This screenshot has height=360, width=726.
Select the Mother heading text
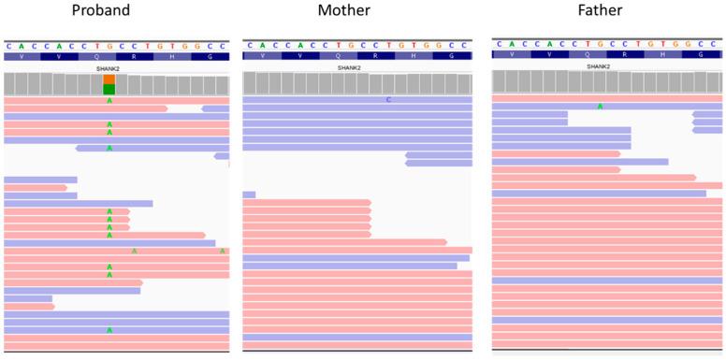pyautogui.click(x=357, y=12)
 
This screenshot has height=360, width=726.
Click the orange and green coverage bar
pyautogui.click(x=109, y=84)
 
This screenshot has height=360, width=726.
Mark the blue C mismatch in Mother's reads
pyautogui.click(x=388, y=99)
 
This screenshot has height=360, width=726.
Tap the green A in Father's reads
pyautogui.click(x=600, y=106)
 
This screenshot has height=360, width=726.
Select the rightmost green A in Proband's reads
pyautogui.click(x=223, y=251)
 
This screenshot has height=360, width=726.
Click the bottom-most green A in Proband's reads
pyautogui.click(x=109, y=330)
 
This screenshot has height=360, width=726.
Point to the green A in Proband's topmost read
pyautogui.click(x=109, y=100)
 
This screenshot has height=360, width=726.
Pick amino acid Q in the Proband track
pyautogui.click(x=109, y=56)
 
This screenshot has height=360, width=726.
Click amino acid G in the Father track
pyautogui.click(x=698, y=54)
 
